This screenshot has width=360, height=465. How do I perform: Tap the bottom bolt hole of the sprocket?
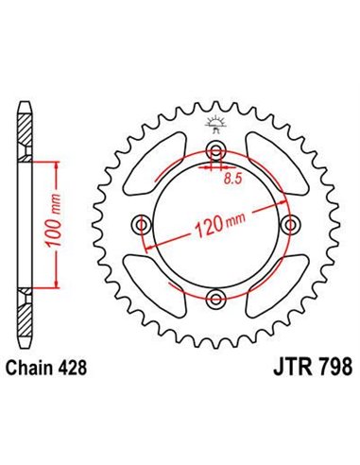[217, 300]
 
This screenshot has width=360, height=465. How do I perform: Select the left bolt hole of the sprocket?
[143, 224]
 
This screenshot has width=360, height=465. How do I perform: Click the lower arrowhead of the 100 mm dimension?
[61, 281]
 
